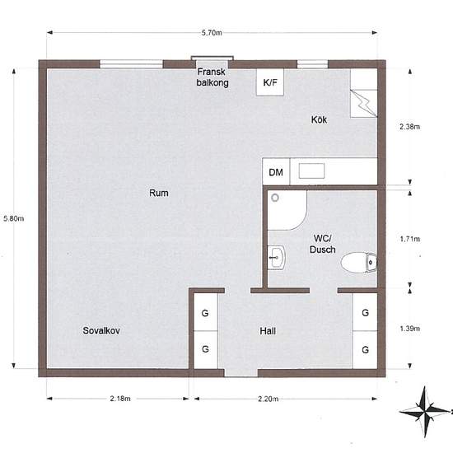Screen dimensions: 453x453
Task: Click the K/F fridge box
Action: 270,82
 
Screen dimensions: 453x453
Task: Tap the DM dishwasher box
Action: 276,171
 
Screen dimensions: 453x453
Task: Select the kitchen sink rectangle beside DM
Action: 311,170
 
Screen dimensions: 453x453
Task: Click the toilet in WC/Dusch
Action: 359,263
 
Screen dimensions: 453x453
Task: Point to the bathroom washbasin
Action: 277,257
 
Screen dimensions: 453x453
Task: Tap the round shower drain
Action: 275,198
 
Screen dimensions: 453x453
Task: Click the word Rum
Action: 159,193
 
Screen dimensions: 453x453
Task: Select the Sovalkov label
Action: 101,330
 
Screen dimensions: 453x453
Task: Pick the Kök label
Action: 319,119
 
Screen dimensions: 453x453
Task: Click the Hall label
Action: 268,331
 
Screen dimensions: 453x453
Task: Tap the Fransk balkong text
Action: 212,77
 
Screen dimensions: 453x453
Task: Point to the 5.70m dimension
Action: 212,33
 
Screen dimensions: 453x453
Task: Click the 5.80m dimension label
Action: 13,218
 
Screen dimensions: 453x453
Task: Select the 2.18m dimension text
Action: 120,399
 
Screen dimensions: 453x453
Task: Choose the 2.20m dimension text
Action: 269,399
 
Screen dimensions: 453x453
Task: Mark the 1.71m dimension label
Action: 410,239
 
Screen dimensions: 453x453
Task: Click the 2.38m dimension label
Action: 409,127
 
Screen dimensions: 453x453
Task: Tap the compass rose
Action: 425,411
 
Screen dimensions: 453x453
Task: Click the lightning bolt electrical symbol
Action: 364,104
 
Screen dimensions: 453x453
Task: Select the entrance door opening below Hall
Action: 241,373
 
